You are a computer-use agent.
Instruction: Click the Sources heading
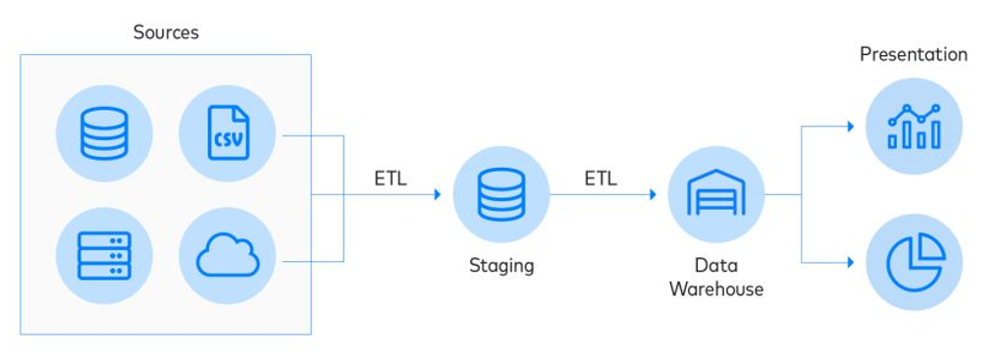(166, 32)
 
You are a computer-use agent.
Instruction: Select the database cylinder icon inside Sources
(104, 133)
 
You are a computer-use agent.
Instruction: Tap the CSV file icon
(228, 133)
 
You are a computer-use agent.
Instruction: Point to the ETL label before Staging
(390, 179)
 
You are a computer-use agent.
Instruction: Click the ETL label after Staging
(601, 179)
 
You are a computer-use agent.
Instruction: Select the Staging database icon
(500, 194)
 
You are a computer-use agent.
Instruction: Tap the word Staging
(500, 265)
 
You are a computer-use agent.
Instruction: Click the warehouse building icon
(715, 194)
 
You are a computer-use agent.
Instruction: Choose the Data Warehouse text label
(715, 277)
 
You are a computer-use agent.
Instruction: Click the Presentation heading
(913, 55)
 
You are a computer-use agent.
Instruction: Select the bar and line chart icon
(914, 127)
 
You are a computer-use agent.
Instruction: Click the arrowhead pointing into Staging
(437, 194)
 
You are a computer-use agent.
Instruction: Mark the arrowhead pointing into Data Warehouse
(652, 194)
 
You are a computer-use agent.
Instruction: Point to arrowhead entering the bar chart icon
(850, 127)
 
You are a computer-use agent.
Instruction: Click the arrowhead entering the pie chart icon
(850, 262)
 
